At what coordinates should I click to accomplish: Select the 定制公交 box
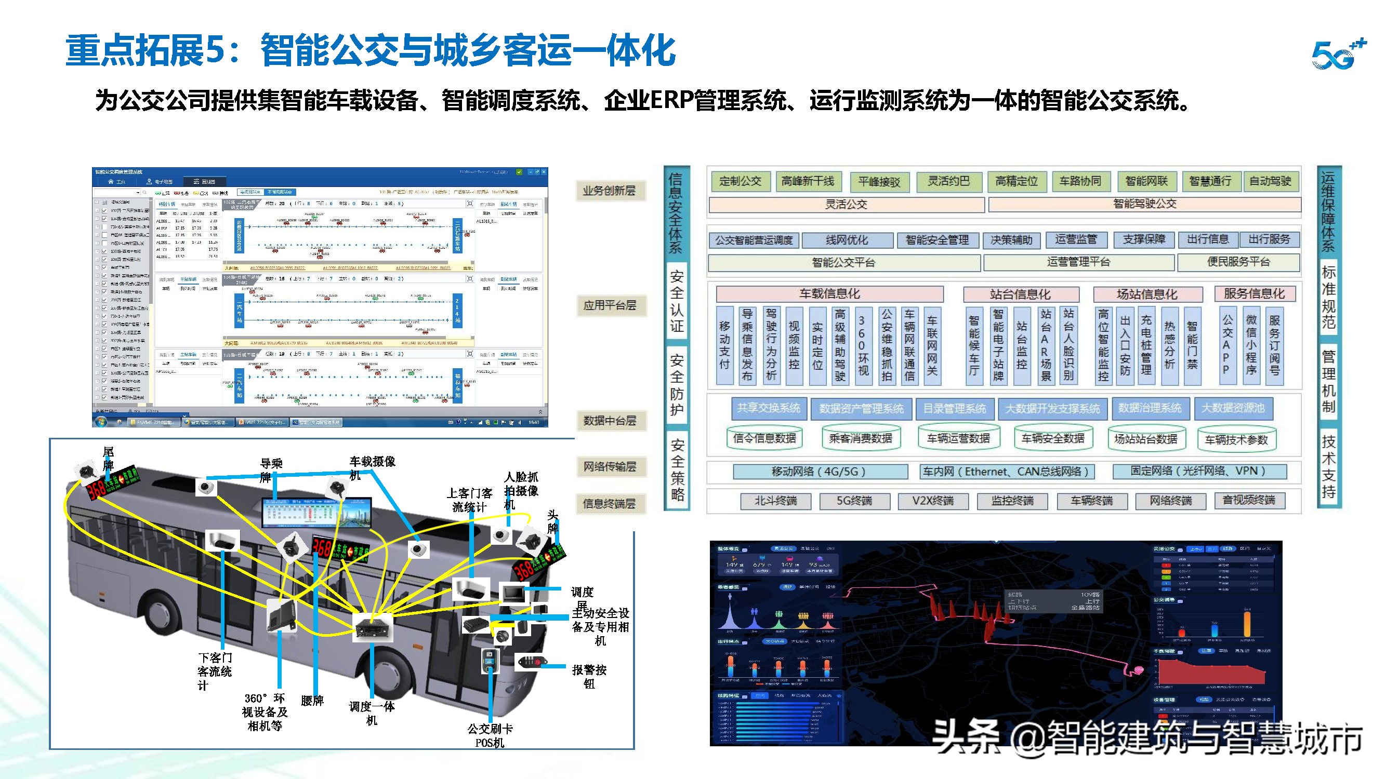(x=741, y=182)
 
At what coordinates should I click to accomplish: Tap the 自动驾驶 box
(x=1270, y=182)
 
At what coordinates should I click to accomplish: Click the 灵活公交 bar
(x=846, y=205)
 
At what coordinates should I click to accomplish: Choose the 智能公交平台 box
(x=843, y=263)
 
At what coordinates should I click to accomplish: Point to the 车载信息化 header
(x=829, y=294)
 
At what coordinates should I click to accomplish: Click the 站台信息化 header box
(x=1020, y=294)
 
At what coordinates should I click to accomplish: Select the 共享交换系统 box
(x=768, y=409)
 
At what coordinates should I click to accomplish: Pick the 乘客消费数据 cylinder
(x=860, y=439)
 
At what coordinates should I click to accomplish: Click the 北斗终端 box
(x=775, y=501)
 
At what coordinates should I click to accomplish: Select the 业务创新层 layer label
(x=609, y=191)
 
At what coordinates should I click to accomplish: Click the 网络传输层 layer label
(x=609, y=467)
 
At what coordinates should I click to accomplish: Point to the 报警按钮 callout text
(x=589, y=676)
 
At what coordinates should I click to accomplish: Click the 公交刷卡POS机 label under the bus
(x=490, y=735)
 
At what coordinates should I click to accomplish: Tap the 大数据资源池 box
(x=1233, y=409)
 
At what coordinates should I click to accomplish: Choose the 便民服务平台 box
(x=1238, y=262)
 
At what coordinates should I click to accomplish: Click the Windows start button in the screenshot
(x=101, y=422)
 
